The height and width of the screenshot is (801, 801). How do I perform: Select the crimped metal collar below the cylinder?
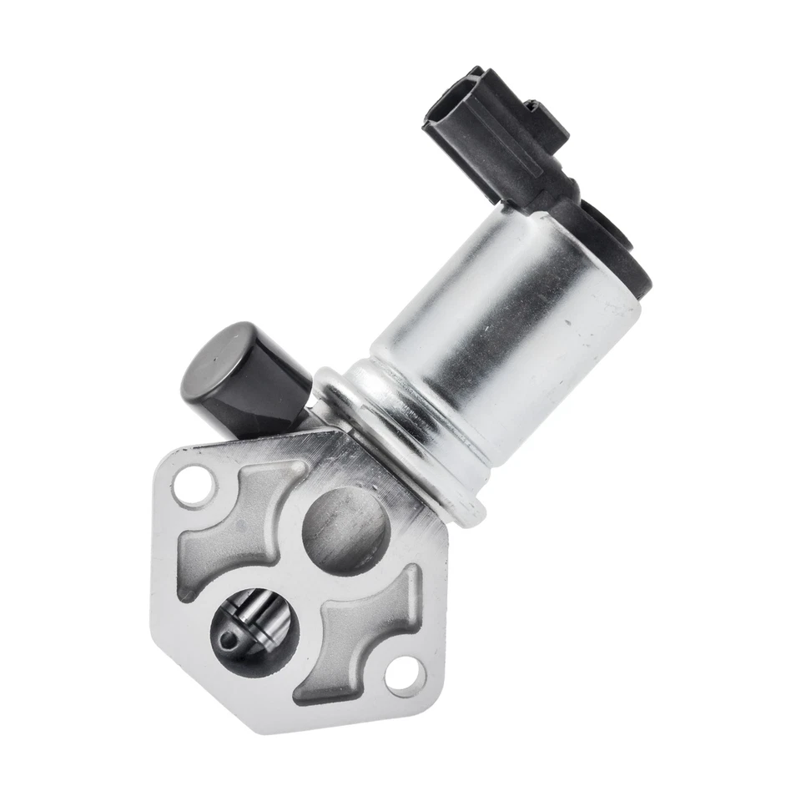(x=400, y=434)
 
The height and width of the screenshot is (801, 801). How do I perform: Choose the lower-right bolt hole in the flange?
(x=406, y=672)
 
